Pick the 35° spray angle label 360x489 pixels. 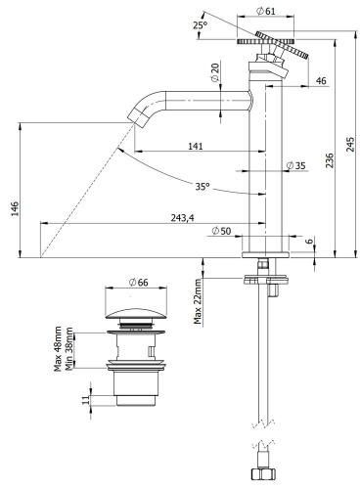pyautogui.click(x=201, y=185)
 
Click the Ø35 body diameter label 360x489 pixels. pyautogui.click(x=296, y=166)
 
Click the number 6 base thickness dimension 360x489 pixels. pyautogui.click(x=309, y=243)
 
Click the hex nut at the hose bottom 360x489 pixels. pyautogui.click(x=262, y=475)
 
